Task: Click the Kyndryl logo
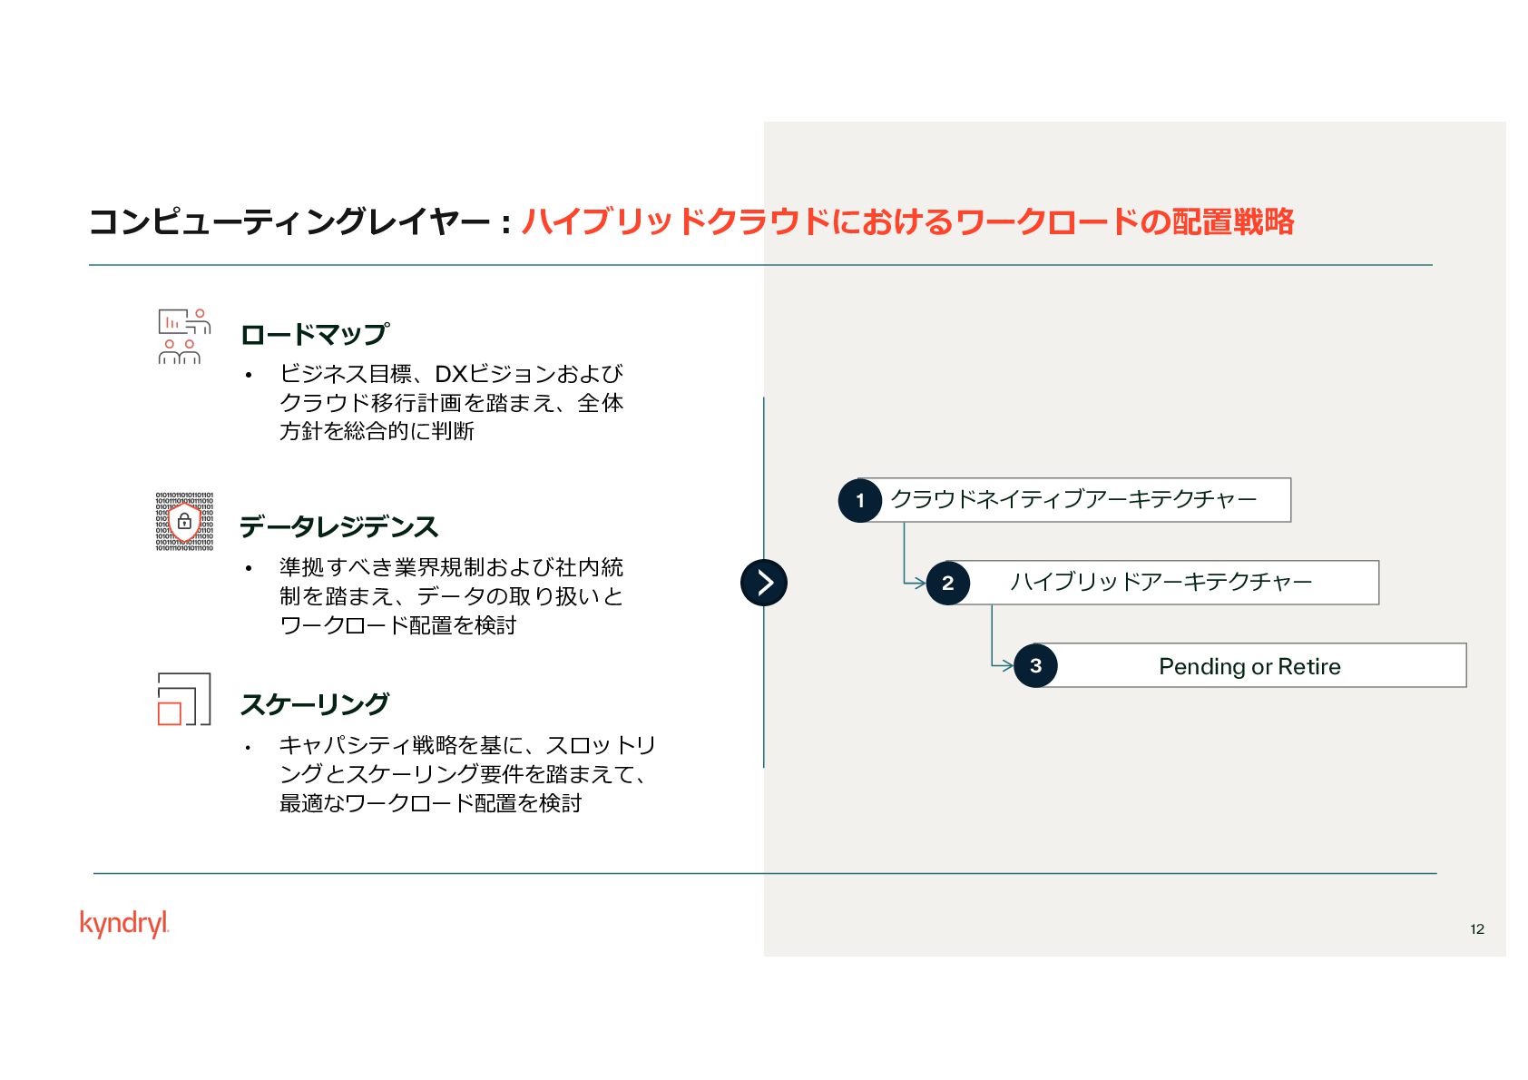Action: click(124, 923)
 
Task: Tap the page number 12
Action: click(1476, 928)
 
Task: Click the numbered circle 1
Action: click(860, 500)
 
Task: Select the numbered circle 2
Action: click(948, 583)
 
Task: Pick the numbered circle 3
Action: click(1035, 665)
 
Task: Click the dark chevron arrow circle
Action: click(764, 583)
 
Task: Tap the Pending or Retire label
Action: click(1249, 666)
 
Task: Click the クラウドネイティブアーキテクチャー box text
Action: click(1073, 499)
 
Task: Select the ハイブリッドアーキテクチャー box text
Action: click(1161, 582)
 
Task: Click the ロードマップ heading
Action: click(315, 334)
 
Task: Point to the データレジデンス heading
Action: click(338, 526)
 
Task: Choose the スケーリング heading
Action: click(315, 704)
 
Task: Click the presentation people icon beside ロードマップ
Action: click(184, 337)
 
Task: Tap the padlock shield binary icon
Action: click(184, 522)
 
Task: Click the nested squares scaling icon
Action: click(184, 699)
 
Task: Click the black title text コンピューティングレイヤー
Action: click(289, 221)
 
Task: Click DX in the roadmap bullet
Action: click(450, 374)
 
